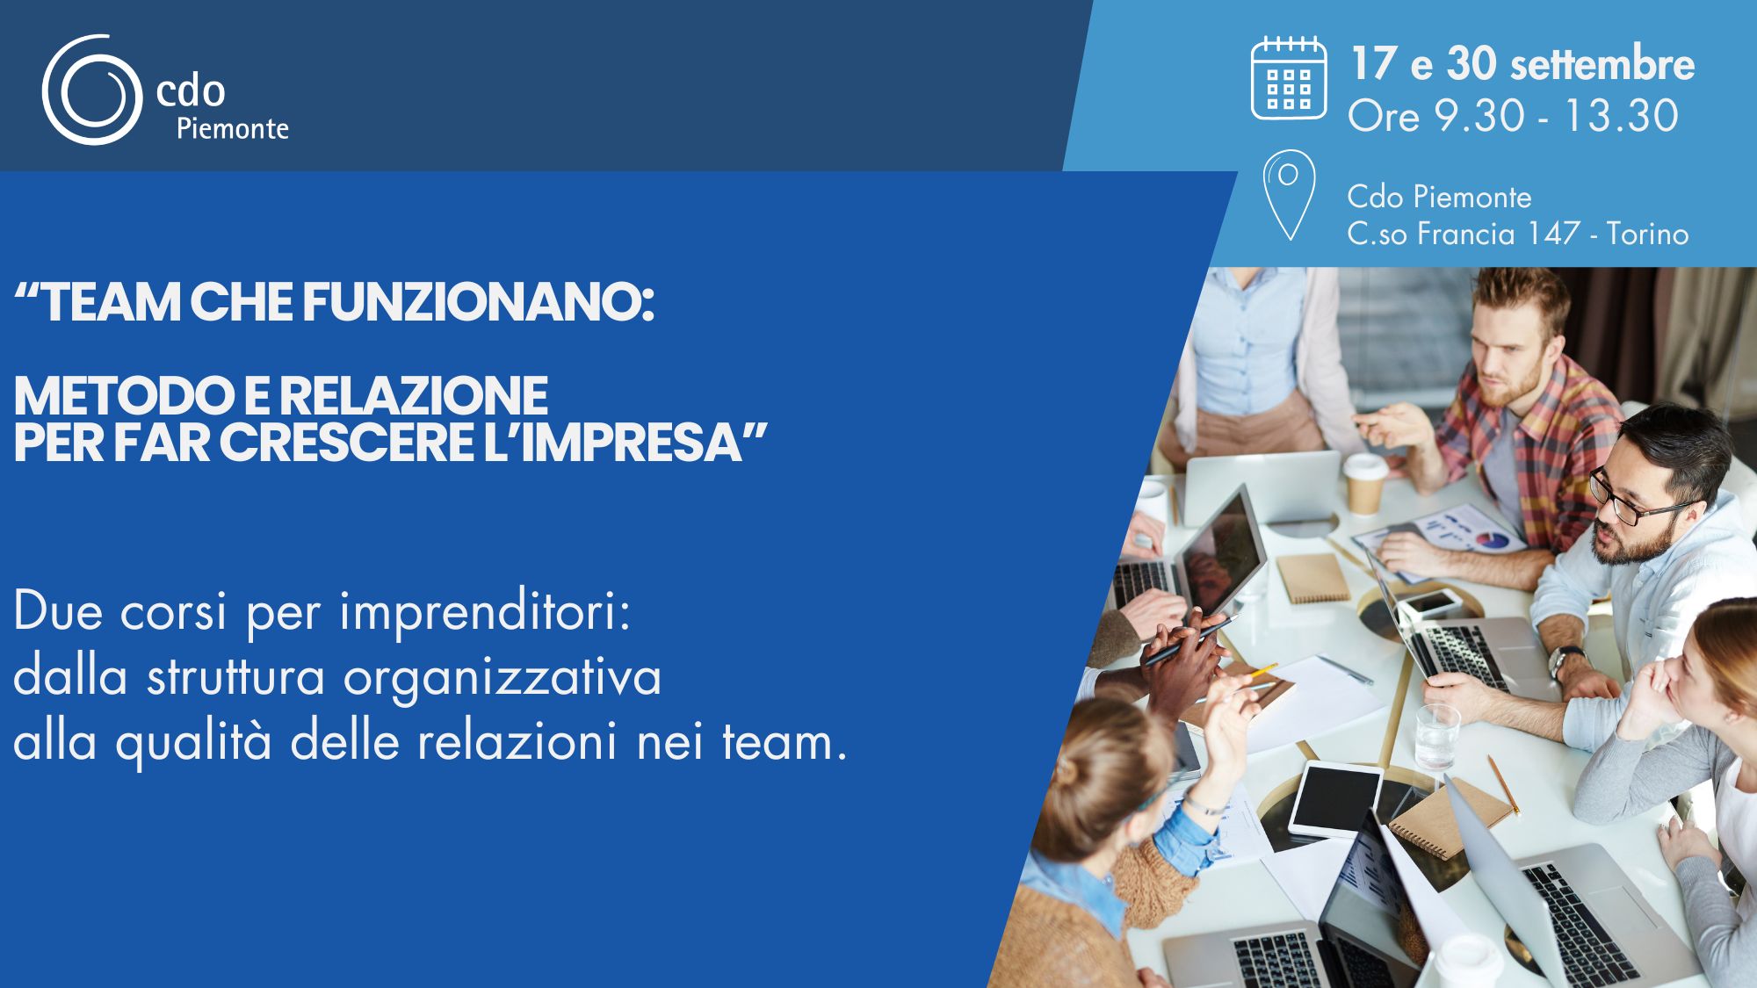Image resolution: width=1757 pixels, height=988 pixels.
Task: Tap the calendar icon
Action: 1289,78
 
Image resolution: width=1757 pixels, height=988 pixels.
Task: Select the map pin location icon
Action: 1289,195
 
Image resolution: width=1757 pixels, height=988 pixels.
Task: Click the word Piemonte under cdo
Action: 233,129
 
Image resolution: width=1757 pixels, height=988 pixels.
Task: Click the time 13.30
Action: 1621,116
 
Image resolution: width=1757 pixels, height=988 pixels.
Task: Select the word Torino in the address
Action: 1647,234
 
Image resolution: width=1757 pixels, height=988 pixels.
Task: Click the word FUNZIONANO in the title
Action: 479,302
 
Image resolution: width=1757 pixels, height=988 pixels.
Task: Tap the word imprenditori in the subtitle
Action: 485,612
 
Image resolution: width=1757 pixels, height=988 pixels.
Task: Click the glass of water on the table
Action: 1437,736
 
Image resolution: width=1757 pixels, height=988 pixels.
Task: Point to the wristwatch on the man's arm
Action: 1565,661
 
